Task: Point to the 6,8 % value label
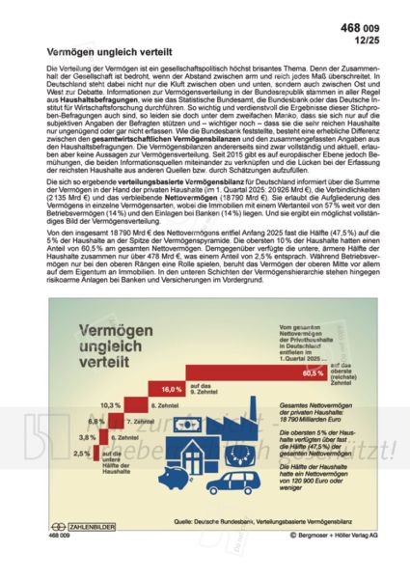[x=96, y=422]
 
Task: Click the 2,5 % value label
[x=82, y=453]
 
